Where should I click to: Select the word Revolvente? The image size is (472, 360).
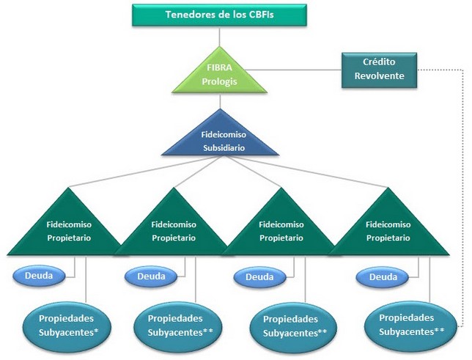[x=380, y=76]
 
